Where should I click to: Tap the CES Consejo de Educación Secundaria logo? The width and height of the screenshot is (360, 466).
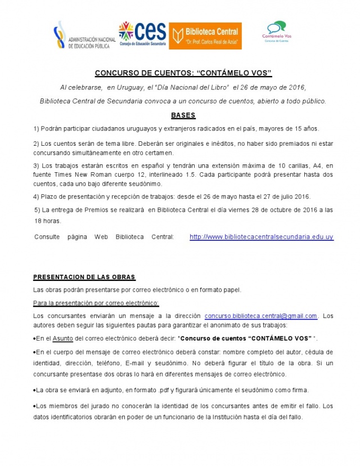pyautogui.click(x=142, y=34)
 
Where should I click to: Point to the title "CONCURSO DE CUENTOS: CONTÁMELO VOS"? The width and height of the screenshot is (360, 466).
pyautogui.click(x=183, y=73)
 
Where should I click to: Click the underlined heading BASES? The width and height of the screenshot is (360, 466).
pyautogui.click(x=183, y=115)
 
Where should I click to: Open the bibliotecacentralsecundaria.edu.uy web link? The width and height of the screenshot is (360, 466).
pyautogui.click(x=262, y=237)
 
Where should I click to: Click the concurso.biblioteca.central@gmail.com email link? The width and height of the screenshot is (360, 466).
pyautogui.click(x=261, y=316)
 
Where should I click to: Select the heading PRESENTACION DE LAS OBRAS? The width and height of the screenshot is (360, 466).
pyautogui.click(x=84, y=277)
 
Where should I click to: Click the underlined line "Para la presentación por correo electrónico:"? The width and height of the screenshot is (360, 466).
pyautogui.click(x=96, y=303)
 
